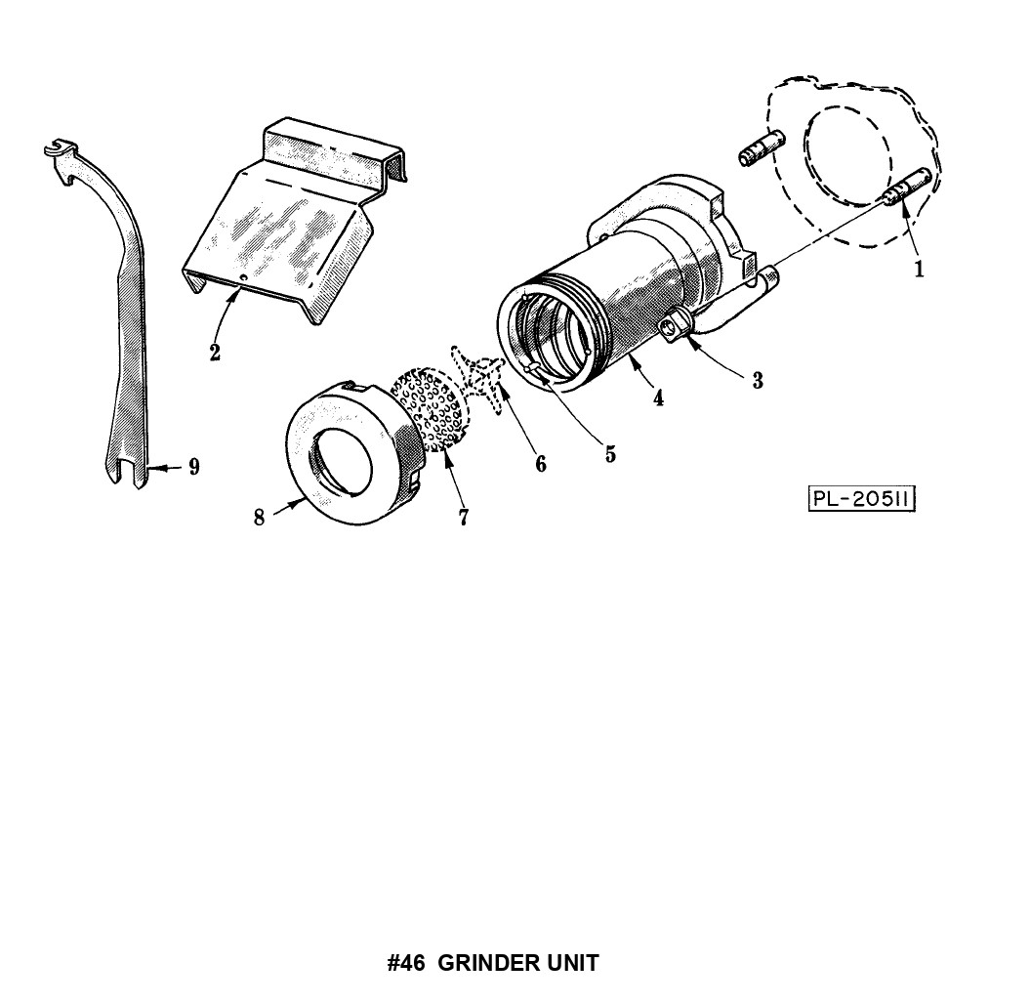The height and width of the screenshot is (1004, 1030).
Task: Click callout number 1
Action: tap(919, 268)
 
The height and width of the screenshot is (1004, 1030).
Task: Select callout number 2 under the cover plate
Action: tap(215, 352)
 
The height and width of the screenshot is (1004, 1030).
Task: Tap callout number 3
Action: tap(758, 380)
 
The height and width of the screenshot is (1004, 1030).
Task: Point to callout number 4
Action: tap(658, 397)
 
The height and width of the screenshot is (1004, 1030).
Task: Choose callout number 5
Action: tap(610, 453)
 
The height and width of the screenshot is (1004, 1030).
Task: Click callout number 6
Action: tap(541, 464)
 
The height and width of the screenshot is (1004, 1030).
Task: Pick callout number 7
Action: tap(464, 517)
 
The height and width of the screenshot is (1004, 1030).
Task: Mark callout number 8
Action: tap(260, 518)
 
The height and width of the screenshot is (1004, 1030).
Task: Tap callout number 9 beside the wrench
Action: tap(193, 467)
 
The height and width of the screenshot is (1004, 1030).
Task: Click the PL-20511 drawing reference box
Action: tap(861, 499)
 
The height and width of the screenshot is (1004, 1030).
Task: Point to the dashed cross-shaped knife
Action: tap(477, 378)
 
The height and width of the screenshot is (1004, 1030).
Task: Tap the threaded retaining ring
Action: tap(354, 452)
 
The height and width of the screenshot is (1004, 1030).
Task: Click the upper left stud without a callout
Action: tap(762, 148)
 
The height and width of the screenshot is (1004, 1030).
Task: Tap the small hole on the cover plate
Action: tap(242, 278)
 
